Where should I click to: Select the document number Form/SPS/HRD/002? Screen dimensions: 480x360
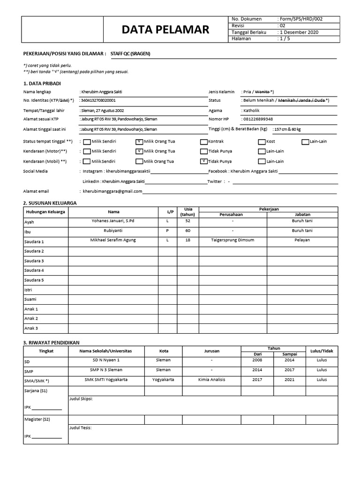[x=301, y=19]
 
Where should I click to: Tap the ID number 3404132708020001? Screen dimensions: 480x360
[x=98, y=100]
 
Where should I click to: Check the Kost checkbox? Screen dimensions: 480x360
[x=262, y=142]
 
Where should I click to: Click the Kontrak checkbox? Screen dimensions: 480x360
[x=203, y=142]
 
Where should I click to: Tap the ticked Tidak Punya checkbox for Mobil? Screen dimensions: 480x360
[x=203, y=161]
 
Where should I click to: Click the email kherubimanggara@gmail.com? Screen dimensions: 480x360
[x=112, y=191]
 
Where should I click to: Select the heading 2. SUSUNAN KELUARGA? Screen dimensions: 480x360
[x=50, y=203]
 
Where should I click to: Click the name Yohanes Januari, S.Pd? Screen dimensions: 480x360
[x=110, y=220]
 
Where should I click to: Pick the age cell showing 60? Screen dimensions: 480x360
[x=188, y=230]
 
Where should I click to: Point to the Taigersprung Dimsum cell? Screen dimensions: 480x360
[x=232, y=240]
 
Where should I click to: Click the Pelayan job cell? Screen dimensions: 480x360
[x=301, y=240]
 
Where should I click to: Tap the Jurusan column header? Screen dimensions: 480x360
[x=211, y=351]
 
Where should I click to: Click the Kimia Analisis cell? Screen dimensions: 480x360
[x=211, y=379]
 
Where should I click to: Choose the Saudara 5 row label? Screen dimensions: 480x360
[x=34, y=280]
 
